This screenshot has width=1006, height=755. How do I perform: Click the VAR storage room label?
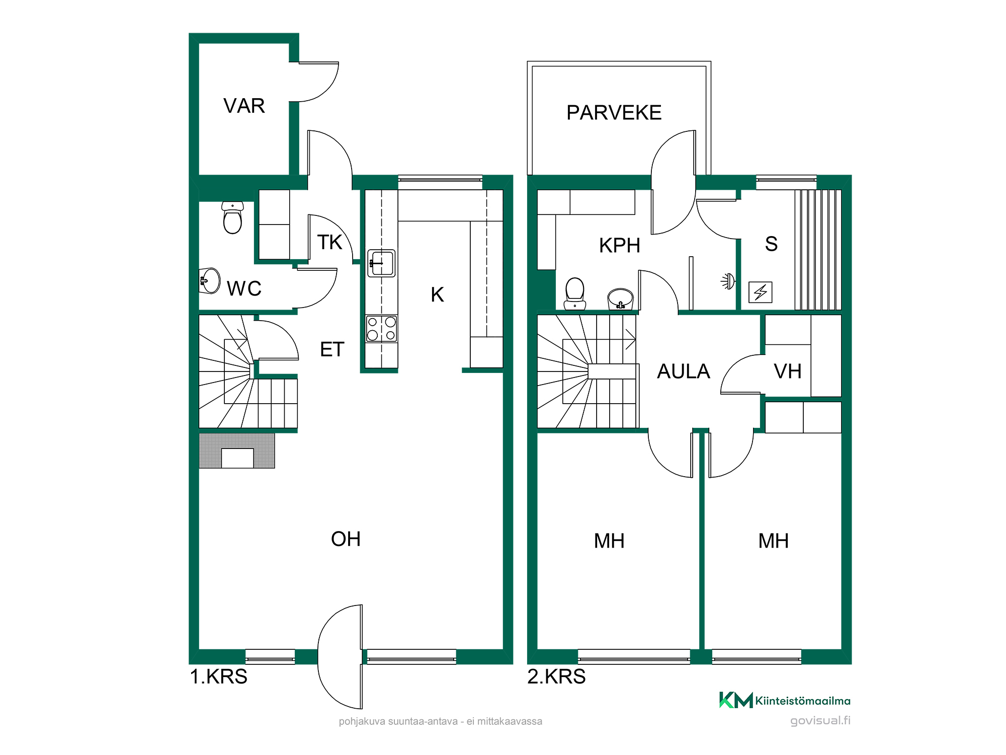coord(244,106)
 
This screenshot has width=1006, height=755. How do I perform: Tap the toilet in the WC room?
coord(232,217)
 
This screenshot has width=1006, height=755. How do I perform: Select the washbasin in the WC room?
coord(210,281)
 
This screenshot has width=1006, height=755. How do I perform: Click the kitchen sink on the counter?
coord(381,263)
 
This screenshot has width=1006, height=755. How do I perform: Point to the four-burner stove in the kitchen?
coord(381,329)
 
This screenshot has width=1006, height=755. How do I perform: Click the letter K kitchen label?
coord(437,294)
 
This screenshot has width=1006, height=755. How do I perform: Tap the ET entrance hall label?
coord(332,349)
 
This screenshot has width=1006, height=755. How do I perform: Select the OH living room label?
coord(346,539)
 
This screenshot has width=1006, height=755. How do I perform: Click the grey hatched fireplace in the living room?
coord(237,450)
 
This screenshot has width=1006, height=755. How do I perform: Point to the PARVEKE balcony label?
coord(614,113)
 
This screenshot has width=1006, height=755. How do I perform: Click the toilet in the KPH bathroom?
coord(575,293)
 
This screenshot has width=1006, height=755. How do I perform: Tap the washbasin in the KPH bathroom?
coord(620,298)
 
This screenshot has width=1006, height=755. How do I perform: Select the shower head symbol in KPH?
coord(728,281)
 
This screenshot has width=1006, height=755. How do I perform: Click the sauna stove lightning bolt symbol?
coord(760,292)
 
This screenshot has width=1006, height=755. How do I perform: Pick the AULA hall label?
coord(684,371)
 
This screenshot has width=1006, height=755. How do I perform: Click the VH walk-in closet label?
coord(788,371)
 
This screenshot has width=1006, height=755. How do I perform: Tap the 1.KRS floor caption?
coord(218,676)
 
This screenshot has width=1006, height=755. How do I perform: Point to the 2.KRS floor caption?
coord(556,676)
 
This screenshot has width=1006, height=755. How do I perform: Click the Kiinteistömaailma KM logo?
coord(785,700)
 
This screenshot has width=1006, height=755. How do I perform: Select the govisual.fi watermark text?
coord(820,721)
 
